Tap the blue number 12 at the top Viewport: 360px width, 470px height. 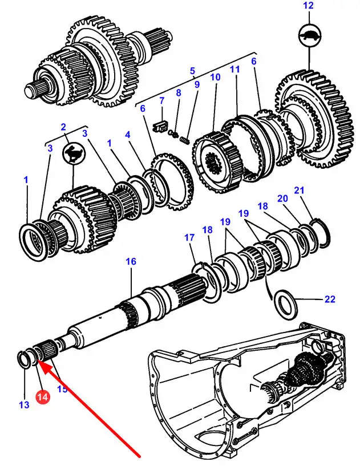click(308, 6)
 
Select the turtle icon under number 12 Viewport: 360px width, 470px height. click(308, 36)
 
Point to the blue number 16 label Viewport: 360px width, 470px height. click(131, 261)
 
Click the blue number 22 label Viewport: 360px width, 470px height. click(330, 299)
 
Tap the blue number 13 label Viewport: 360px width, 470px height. click(23, 406)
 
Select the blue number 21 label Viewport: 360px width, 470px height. click(300, 190)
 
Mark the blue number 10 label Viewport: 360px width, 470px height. click(215, 77)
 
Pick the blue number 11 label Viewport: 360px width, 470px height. click(234, 69)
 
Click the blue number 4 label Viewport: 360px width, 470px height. click(128, 135)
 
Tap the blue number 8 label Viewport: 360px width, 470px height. click(179, 92)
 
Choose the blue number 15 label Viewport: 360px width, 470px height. click(62, 390)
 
